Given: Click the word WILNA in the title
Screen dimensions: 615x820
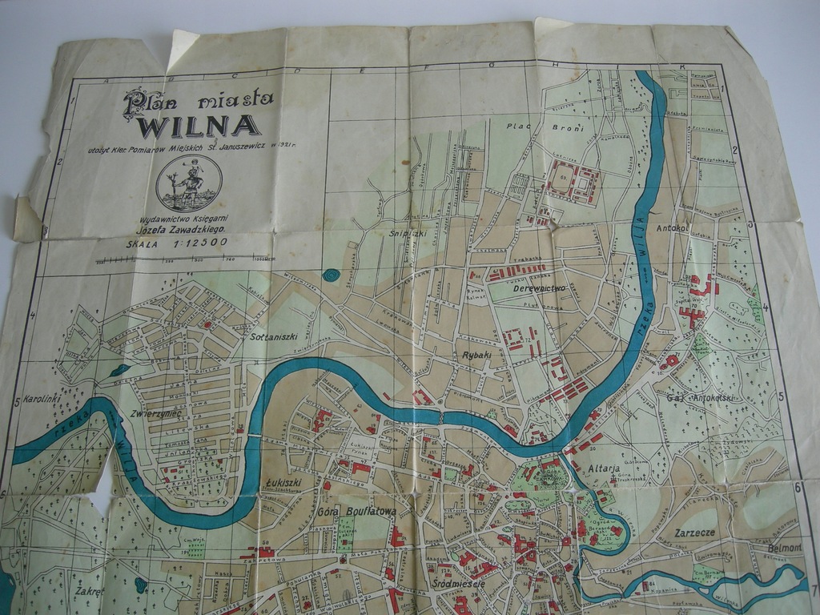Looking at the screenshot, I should pyautogui.click(x=199, y=127).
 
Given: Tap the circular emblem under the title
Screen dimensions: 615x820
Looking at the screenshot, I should pyautogui.click(x=189, y=183).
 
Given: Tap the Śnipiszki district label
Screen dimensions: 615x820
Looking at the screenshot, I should pyautogui.click(x=407, y=235).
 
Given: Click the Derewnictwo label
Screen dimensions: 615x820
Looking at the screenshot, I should pyautogui.click(x=540, y=287).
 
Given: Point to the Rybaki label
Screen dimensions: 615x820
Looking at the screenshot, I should pyautogui.click(x=476, y=354).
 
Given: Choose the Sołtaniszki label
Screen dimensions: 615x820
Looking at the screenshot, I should pyautogui.click(x=275, y=336).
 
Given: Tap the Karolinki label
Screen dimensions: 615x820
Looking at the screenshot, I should pyautogui.click(x=38, y=398).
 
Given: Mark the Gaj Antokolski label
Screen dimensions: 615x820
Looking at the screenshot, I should pyautogui.click(x=699, y=397).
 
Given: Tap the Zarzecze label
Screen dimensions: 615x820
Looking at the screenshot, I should pyautogui.click(x=694, y=532).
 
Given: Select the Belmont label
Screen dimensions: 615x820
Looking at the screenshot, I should pyautogui.click(x=785, y=548).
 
